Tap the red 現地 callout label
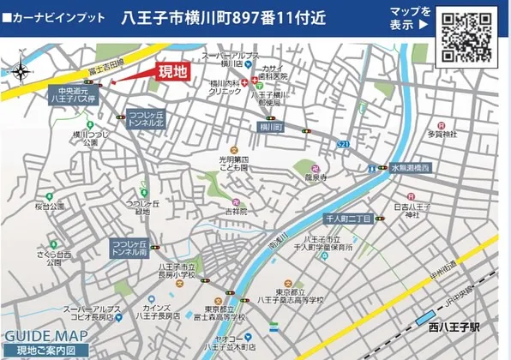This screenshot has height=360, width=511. click(174, 73)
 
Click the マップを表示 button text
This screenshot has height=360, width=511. click(409, 18)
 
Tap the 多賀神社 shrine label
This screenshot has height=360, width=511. click(443, 134)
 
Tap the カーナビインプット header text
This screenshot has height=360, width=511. click(54, 17)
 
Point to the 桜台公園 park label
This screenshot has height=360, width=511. click(50, 207)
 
